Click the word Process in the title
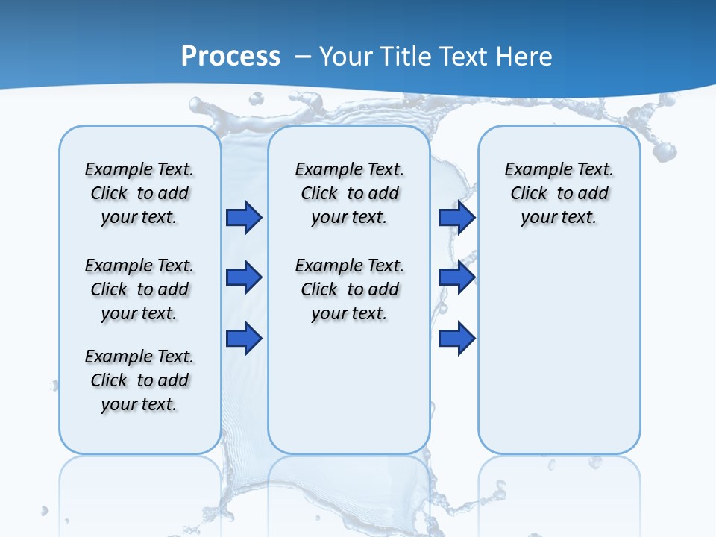click(x=230, y=56)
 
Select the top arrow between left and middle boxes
click(x=244, y=217)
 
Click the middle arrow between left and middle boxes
click(x=244, y=277)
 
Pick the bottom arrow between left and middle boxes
click(x=244, y=338)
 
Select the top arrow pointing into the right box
click(x=456, y=217)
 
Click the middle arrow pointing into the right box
click(x=456, y=277)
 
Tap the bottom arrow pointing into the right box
click(x=456, y=338)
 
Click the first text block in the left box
click(x=139, y=193)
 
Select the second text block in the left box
click(x=139, y=289)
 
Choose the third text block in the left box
click(x=139, y=380)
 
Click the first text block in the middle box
click(x=349, y=193)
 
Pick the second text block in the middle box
click(x=349, y=289)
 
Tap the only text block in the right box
click(x=559, y=193)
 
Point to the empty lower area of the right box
click(x=559, y=351)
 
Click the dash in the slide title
click(x=303, y=57)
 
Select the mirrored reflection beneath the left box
click(x=139, y=492)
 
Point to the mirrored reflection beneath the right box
click(x=559, y=492)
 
